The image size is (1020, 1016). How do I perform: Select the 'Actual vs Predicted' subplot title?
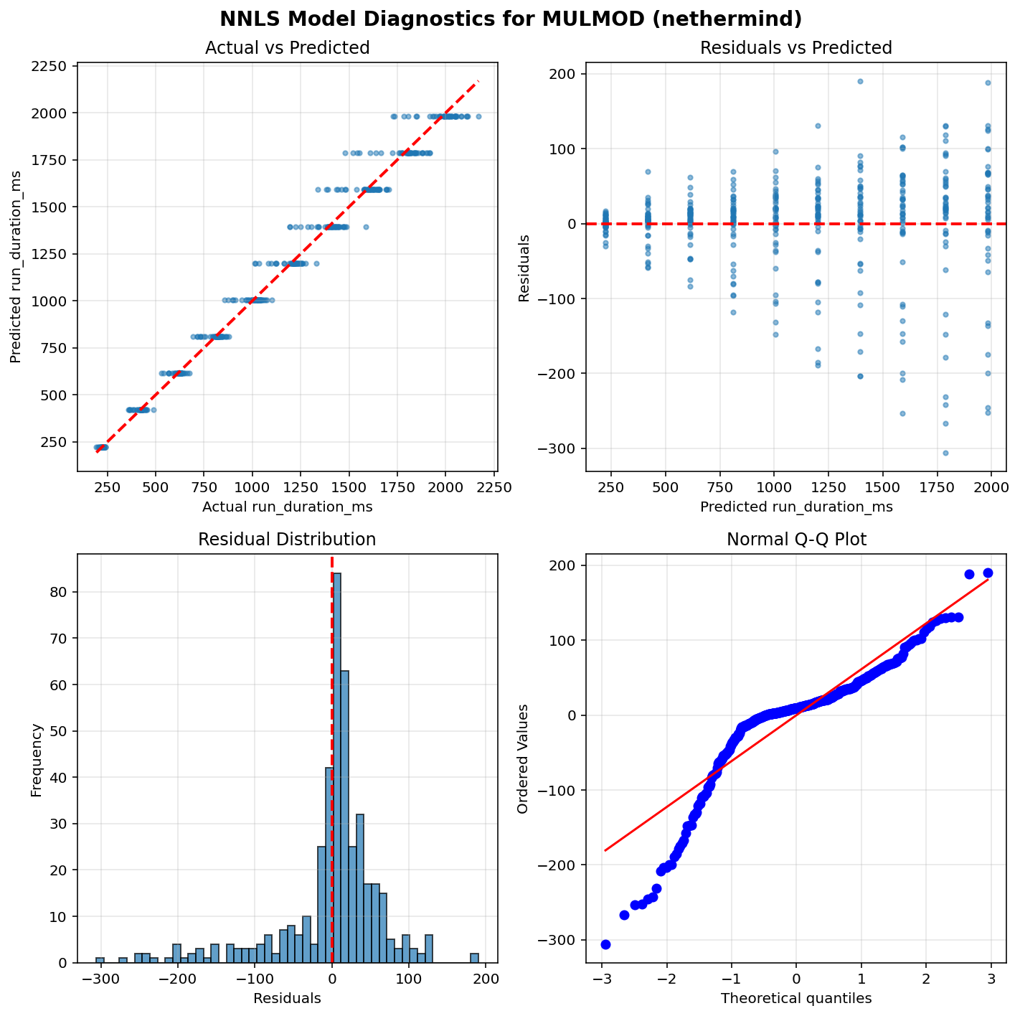coord(287,48)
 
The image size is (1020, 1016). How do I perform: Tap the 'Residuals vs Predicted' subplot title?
coord(795,48)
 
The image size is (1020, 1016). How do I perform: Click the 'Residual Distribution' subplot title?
coord(287,540)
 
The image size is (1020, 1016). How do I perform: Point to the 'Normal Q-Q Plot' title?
coord(796,540)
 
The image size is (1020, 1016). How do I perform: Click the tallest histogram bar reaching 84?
coord(336,768)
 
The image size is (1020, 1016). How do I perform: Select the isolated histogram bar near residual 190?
coord(474,958)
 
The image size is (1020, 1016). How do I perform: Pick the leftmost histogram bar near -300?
coord(100,960)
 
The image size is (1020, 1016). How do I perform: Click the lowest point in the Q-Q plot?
coord(605,944)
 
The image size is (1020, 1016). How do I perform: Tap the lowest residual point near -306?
coord(945,453)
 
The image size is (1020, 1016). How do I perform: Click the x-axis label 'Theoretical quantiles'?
coord(796,998)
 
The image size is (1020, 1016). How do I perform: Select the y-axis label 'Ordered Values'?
coord(523,758)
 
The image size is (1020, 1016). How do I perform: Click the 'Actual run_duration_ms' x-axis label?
coord(287,507)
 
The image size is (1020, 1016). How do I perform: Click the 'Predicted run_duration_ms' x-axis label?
coord(796,507)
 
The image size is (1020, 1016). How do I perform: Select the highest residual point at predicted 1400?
coord(860,81)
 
